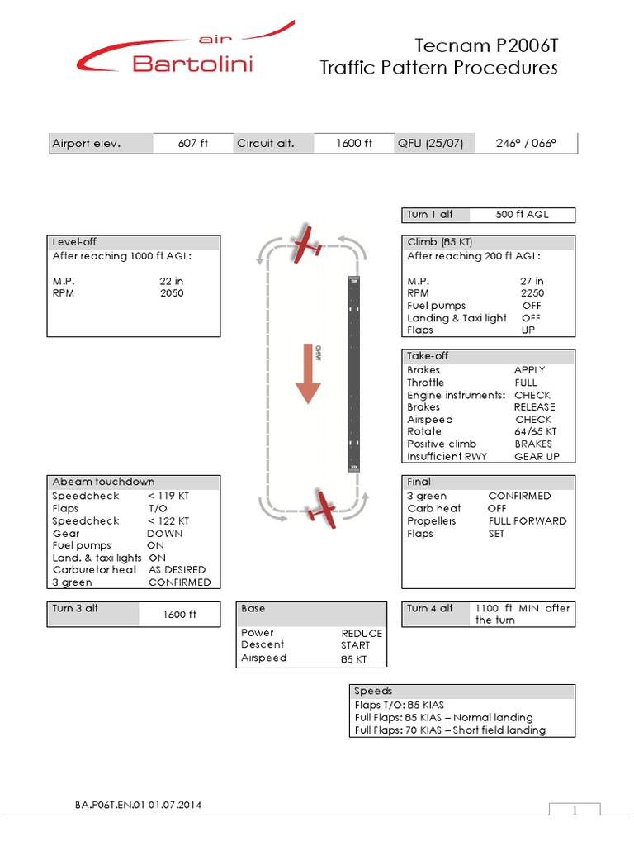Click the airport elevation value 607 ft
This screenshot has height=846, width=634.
(x=193, y=144)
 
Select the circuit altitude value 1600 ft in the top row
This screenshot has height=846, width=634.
(x=354, y=144)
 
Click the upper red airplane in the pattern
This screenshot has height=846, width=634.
(x=308, y=240)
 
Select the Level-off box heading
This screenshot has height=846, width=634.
(x=75, y=242)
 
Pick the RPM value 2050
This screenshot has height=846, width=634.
(x=172, y=293)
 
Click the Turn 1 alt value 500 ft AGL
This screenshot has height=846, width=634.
(x=522, y=215)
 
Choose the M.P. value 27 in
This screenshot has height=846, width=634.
(x=532, y=281)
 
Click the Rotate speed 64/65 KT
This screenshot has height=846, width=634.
(x=535, y=431)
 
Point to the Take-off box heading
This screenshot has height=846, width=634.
(x=428, y=356)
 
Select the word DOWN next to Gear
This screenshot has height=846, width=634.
(x=165, y=533)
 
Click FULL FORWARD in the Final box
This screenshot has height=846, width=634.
(x=528, y=521)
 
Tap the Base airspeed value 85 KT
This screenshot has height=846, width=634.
(x=353, y=659)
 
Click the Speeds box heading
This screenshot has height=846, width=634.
(x=373, y=691)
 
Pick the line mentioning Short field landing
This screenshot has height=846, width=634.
(x=450, y=730)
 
